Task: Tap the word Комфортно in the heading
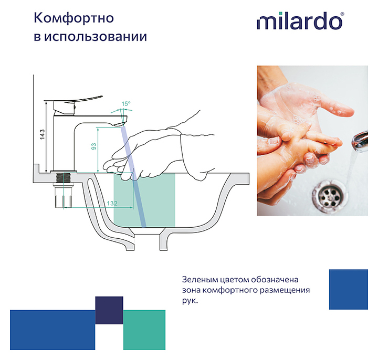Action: (x=74, y=18)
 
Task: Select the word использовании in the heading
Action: (x=96, y=37)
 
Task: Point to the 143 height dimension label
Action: (x=42, y=134)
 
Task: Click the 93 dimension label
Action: (x=93, y=146)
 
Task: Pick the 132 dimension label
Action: (x=112, y=204)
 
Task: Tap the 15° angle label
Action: (x=126, y=104)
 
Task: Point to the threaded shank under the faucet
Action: (x=63, y=179)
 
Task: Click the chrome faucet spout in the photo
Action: (x=360, y=141)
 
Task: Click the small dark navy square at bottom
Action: (x=109, y=310)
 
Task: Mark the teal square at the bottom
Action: (x=144, y=330)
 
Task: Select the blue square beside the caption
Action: (x=349, y=289)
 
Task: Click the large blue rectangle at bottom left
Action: (x=52, y=330)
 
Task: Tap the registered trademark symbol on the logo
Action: (x=342, y=14)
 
